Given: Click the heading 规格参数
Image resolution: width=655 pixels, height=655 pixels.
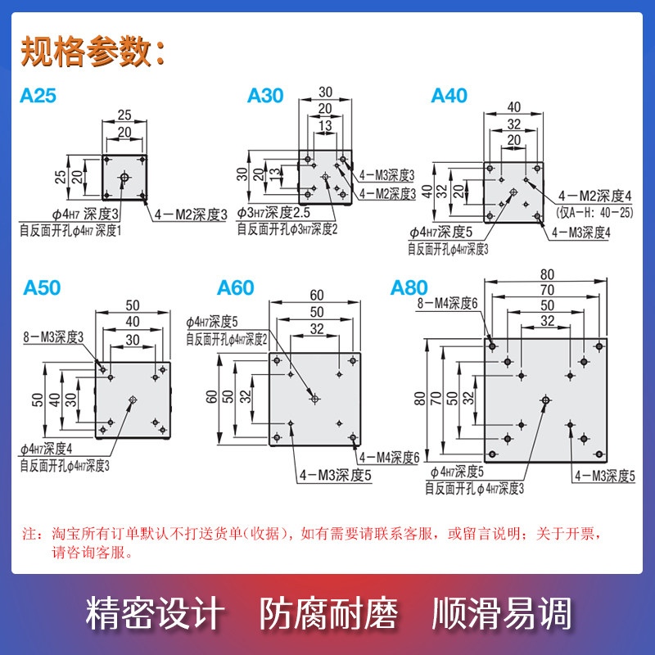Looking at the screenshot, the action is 92,52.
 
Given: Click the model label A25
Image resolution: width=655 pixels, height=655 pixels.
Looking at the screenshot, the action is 38,96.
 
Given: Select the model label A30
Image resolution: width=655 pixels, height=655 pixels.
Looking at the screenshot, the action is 265,96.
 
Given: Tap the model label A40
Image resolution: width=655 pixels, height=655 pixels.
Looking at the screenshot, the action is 449,96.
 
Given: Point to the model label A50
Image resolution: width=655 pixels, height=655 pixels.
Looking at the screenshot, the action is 42,288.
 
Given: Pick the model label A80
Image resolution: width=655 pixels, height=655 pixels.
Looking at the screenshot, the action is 409,288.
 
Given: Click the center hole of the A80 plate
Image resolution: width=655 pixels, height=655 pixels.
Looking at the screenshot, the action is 545,399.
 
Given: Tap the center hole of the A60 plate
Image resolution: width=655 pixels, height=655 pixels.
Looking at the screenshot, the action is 315,399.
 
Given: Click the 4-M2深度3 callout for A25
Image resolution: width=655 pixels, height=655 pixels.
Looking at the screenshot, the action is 190,215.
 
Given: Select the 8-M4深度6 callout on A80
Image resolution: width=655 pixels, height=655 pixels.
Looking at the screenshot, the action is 447,303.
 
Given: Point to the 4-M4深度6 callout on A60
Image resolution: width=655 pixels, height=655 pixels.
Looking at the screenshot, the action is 388,457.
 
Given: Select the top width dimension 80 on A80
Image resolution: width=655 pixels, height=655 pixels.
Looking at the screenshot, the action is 546,273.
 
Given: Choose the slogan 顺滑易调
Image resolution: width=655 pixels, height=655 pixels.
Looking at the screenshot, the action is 501,613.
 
